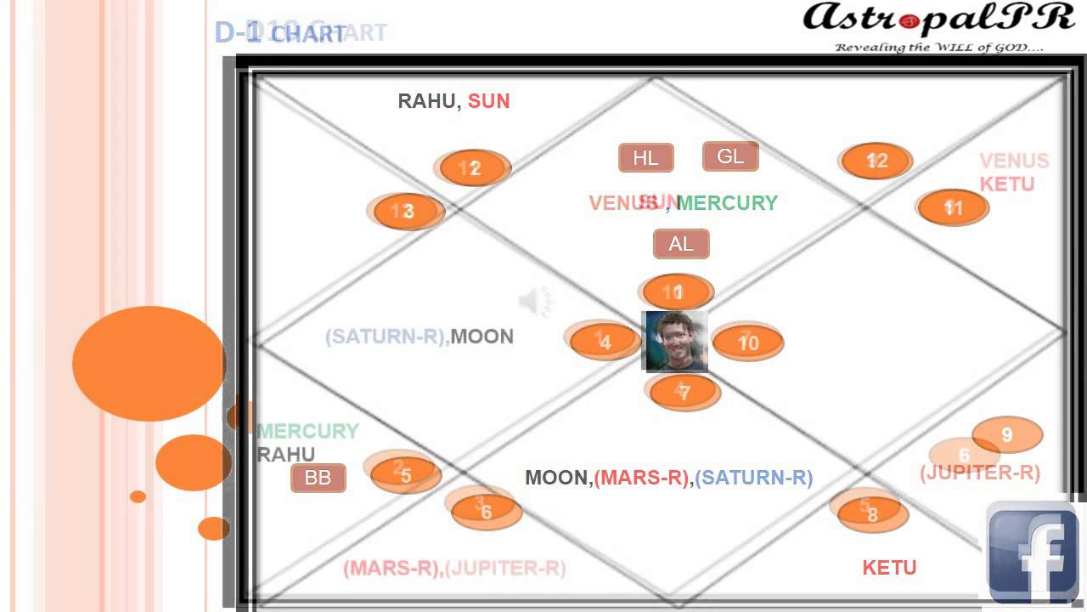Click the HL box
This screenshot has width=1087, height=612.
click(645, 158)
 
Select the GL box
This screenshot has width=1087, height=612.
click(730, 156)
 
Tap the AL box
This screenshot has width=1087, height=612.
click(681, 244)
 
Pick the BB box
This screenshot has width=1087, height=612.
click(318, 478)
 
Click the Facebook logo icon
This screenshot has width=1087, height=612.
click(1032, 552)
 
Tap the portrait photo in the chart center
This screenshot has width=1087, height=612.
click(676, 341)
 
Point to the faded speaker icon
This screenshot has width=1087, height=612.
click(535, 301)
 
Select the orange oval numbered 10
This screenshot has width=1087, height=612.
click(748, 343)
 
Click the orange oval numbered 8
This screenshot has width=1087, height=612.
click(873, 513)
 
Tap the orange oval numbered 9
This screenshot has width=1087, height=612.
click(1007, 435)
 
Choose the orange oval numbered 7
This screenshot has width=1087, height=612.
click(684, 393)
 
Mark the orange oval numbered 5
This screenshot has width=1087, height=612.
click(406, 475)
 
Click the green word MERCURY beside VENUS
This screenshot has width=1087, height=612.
click(727, 203)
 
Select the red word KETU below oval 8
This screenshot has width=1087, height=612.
click(889, 568)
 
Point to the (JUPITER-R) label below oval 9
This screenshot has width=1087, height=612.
click(980, 473)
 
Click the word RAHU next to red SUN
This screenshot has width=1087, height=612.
click(427, 101)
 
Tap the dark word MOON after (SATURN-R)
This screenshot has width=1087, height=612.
click(482, 337)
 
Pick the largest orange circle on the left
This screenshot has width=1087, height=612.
click(149, 364)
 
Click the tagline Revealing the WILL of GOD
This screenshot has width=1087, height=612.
click(939, 48)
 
